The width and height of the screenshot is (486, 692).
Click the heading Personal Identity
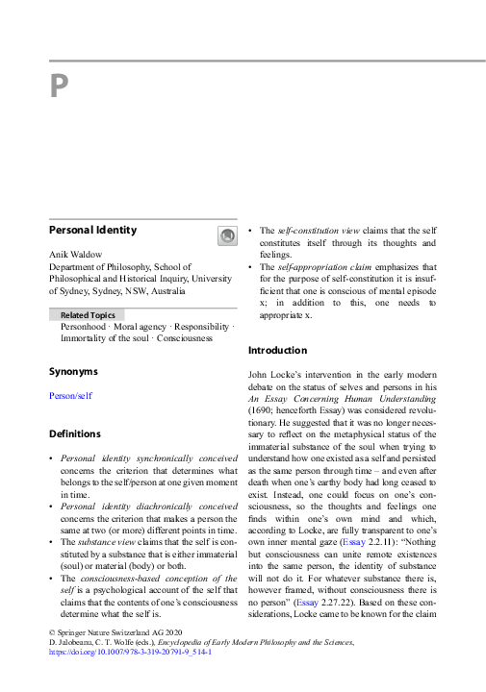click(x=93, y=231)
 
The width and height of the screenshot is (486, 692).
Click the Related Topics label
click(x=87, y=314)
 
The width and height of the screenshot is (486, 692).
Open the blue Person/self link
click(x=70, y=395)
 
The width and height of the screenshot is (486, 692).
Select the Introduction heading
click(x=278, y=350)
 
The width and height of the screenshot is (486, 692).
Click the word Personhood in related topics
click(x=85, y=327)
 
